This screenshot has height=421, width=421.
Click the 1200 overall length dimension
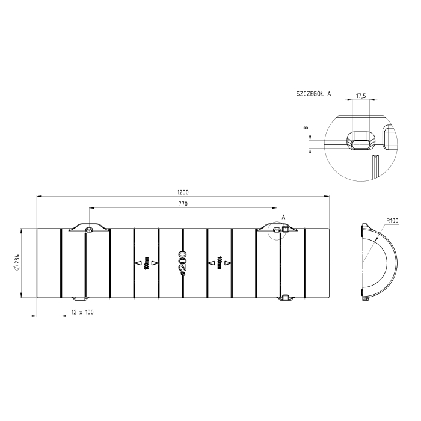pyautogui.click(x=183, y=192)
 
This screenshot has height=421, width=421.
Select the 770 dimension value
pyautogui.click(x=183, y=204)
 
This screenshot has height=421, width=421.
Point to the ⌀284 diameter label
pyautogui.click(x=17, y=263)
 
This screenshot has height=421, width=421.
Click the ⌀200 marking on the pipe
pyautogui.click(x=183, y=263)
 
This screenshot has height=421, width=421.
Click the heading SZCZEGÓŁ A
pyautogui.click(x=313, y=94)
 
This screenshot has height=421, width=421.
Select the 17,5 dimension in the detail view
pyautogui.click(x=361, y=96)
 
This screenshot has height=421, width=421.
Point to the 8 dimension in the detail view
pyautogui.click(x=306, y=128)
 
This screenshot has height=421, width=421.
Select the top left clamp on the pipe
pyautogui.click(x=88, y=228)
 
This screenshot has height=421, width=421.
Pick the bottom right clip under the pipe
pyautogui.click(x=286, y=297)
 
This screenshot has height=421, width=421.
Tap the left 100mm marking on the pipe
pyautogui.click(x=147, y=263)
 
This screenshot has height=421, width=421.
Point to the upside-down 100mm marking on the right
pyautogui.click(x=220, y=263)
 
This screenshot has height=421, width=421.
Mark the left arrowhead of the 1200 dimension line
pyautogui.click(x=39, y=196)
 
